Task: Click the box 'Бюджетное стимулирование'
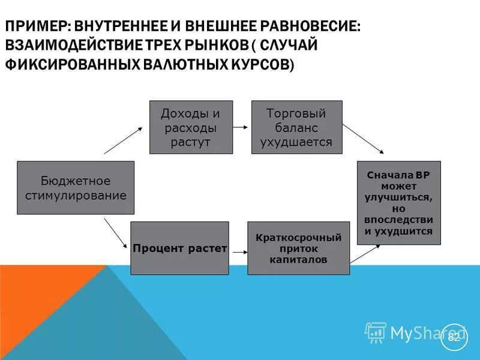(76, 188)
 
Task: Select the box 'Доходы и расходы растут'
(191, 127)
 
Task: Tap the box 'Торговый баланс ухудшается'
(296, 127)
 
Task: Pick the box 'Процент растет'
(179, 248)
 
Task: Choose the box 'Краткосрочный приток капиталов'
(298, 248)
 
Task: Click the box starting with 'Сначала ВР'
(398, 203)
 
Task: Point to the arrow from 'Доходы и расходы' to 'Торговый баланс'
(241, 127)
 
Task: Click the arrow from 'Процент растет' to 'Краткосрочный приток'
(238, 248)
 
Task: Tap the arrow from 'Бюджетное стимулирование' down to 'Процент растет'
(116, 233)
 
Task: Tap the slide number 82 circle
(454, 337)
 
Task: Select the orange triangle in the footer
(36, 300)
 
